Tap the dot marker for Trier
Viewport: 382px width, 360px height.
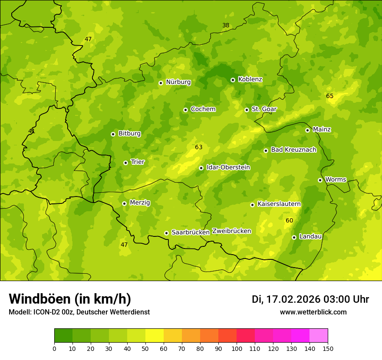pos(125,163)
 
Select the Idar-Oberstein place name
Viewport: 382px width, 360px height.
pos(228,167)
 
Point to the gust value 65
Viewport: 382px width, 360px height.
pos(330,96)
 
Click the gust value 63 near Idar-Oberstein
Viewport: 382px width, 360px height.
pos(199,147)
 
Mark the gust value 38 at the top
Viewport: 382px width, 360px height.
pos(226,25)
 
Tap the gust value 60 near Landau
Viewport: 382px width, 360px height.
pos(290,220)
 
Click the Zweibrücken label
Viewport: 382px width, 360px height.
pos(231,231)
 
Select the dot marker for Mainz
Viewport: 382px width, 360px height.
pos(307,130)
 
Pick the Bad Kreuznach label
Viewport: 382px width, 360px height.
pos(293,150)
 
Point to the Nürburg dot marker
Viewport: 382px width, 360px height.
pos(161,83)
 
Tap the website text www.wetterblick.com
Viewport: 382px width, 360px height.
pos(313,312)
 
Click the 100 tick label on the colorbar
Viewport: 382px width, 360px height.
pos(237,348)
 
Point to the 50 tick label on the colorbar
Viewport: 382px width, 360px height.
pos(145,348)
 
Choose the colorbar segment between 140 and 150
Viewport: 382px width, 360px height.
pos(319,336)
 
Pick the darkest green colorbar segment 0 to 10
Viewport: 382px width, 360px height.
pos(63,336)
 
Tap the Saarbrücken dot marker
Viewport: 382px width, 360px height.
pos(166,233)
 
